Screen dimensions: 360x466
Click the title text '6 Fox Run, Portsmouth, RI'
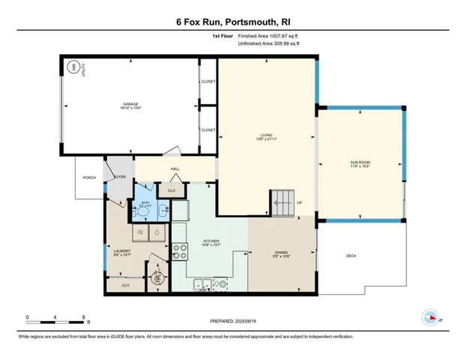233,21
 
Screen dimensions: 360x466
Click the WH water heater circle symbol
73,67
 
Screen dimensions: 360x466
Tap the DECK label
351,256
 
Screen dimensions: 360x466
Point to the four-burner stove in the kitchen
180,252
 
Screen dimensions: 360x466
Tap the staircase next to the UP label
283,201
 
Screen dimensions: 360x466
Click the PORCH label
89,178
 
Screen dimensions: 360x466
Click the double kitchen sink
202,284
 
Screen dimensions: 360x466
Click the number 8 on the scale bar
84,316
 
